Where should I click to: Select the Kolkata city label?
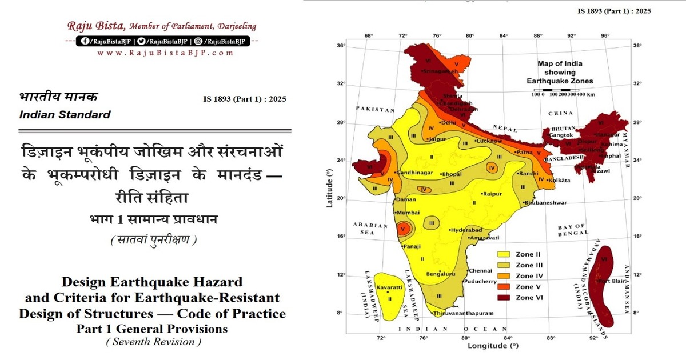(x=559, y=181)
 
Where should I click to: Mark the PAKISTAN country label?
(x=375, y=109)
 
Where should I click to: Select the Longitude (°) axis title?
(x=493, y=346)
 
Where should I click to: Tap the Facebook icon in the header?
(x=86, y=41)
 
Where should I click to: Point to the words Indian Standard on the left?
(x=65, y=114)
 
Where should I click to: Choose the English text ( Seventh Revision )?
(x=153, y=342)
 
